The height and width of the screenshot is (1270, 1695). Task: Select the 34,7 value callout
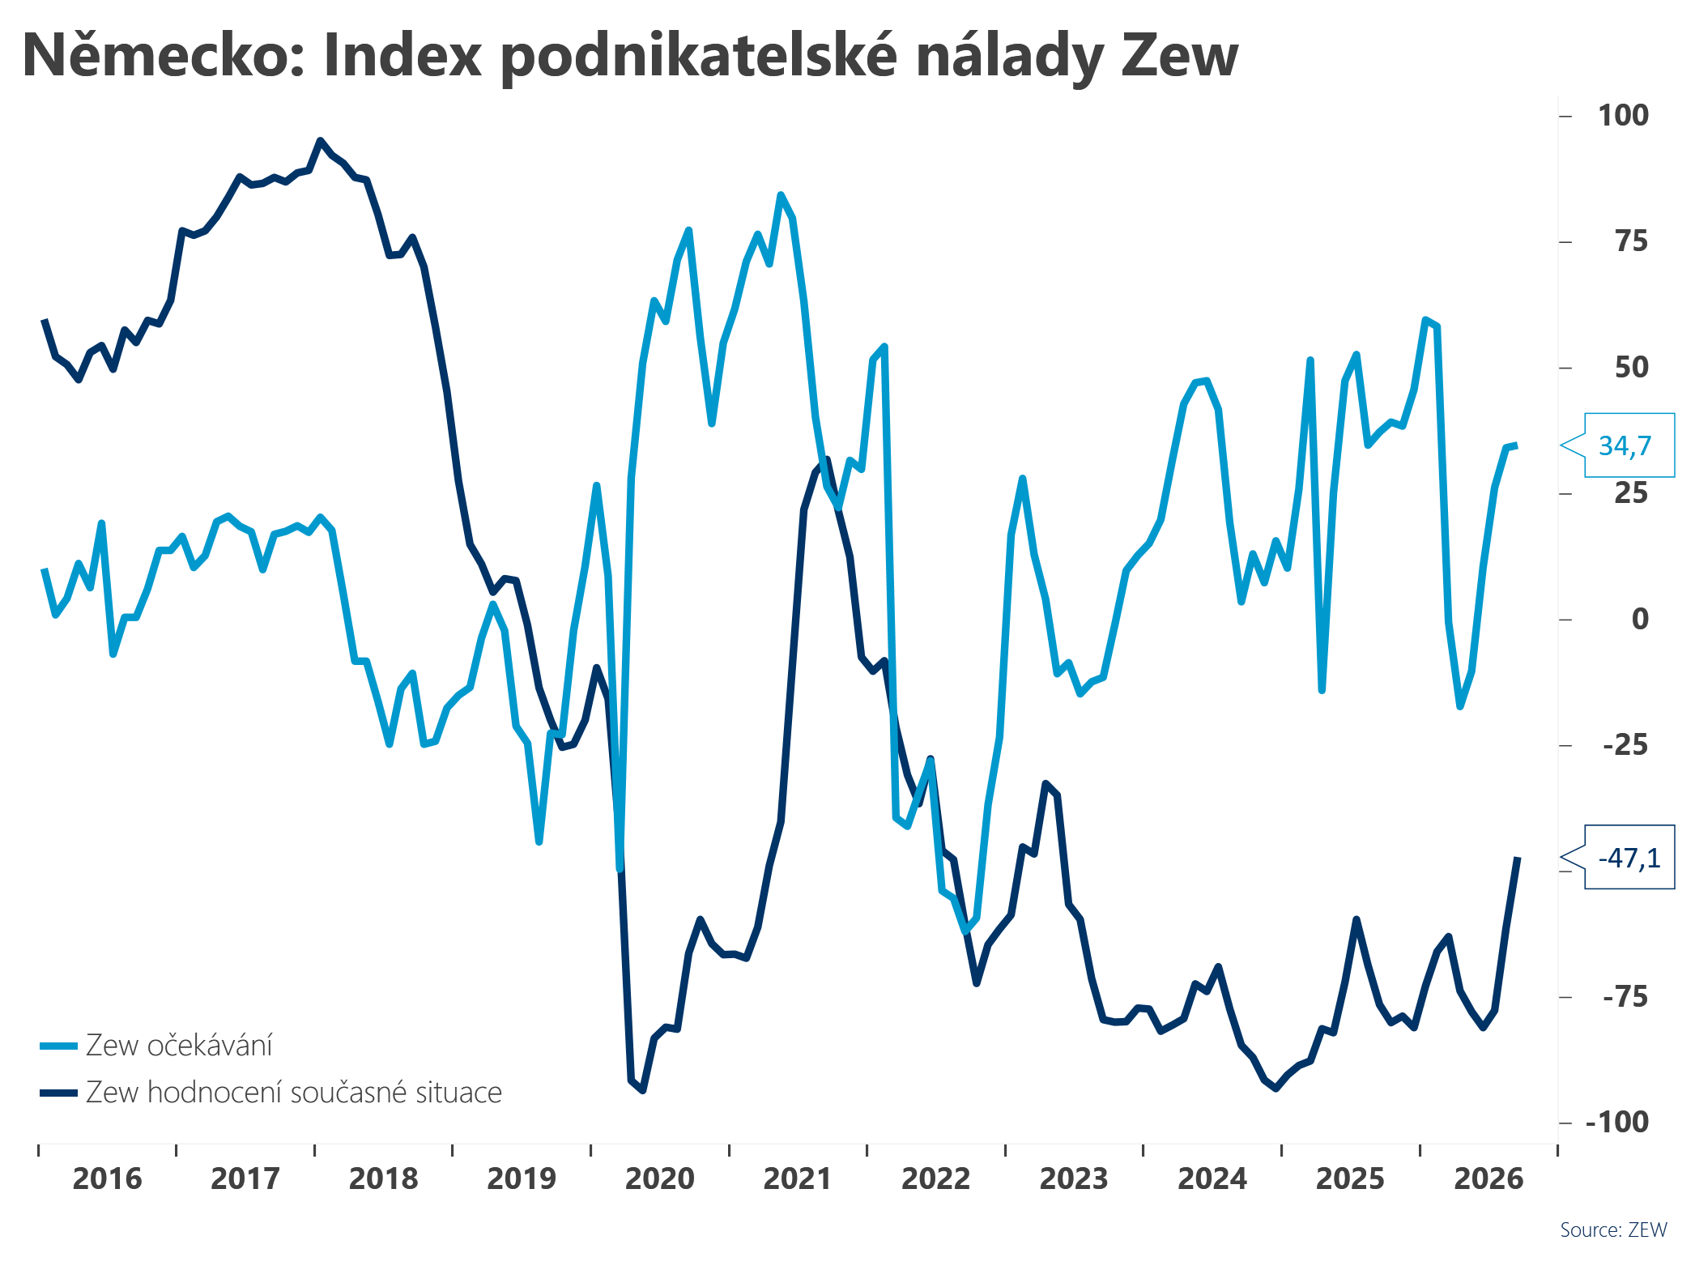pyautogui.click(x=1628, y=445)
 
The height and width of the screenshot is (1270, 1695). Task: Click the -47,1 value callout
pyautogui.click(x=1628, y=858)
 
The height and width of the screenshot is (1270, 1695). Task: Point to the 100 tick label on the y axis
pyautogui.click(x=1623, y=115)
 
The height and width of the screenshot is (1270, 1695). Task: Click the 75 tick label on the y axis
pyautogui.click(x=1631, y=241)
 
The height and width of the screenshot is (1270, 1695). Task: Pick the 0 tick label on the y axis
pyautogui.click(x=1640, y=619)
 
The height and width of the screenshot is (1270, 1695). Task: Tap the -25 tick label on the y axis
pyautogui.click(x=1625, y=744)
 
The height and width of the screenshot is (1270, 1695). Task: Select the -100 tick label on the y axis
pyautogui.click(x=1616, y=1122)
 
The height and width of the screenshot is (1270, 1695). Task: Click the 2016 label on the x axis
pyautogui.click(x=107, y=1178)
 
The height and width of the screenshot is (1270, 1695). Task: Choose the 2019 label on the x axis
pyautogui.click(x=522, y=1178)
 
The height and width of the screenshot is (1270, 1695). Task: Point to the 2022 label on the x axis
pyautogui.click(x=935, y=1178)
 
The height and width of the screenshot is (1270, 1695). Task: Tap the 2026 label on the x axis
pyautogui.click(x=1488, y=1178)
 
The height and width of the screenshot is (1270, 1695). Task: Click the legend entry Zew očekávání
pyautogui.click(x=156, y=1046)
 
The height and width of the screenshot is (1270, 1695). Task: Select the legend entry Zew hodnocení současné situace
pyautogui.click(x=270, y=1093)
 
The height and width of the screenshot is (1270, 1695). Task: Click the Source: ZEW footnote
pyautogui.click(x=1613, y=1230)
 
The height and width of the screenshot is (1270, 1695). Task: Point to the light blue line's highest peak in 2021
pyautogui.click(x=781, y=195)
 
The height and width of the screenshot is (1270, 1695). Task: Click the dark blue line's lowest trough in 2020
pyautogui.click(x=642, y=1090)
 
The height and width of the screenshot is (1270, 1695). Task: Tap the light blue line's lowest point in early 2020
pyautogui.click(x=620, y=870)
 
